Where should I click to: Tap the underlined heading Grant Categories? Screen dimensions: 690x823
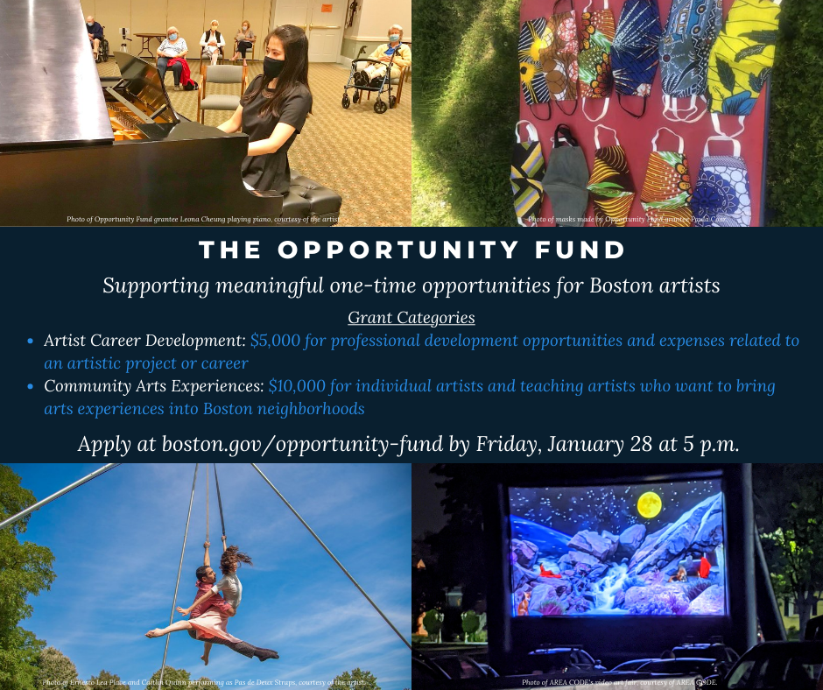pos(411,317)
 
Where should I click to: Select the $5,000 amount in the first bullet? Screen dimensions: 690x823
pos(275,341)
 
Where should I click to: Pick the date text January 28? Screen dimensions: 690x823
pos(603,444)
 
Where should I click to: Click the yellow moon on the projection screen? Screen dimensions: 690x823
pos(649,503)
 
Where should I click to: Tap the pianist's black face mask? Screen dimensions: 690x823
pos(274,66)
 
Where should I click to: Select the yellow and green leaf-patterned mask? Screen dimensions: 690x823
pos(744,57)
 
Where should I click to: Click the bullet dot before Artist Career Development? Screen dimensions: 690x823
pos(31,341)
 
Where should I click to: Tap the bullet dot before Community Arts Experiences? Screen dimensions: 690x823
pos(31,386)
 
